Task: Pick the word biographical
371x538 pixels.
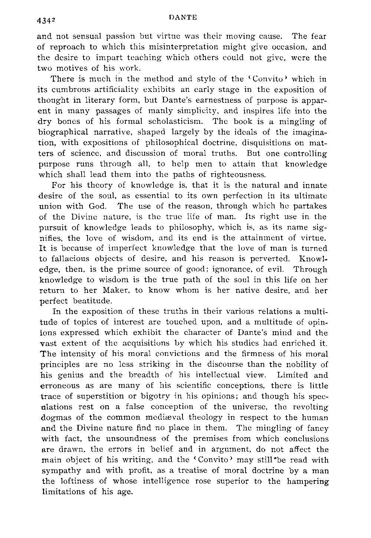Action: coord(63,132)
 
